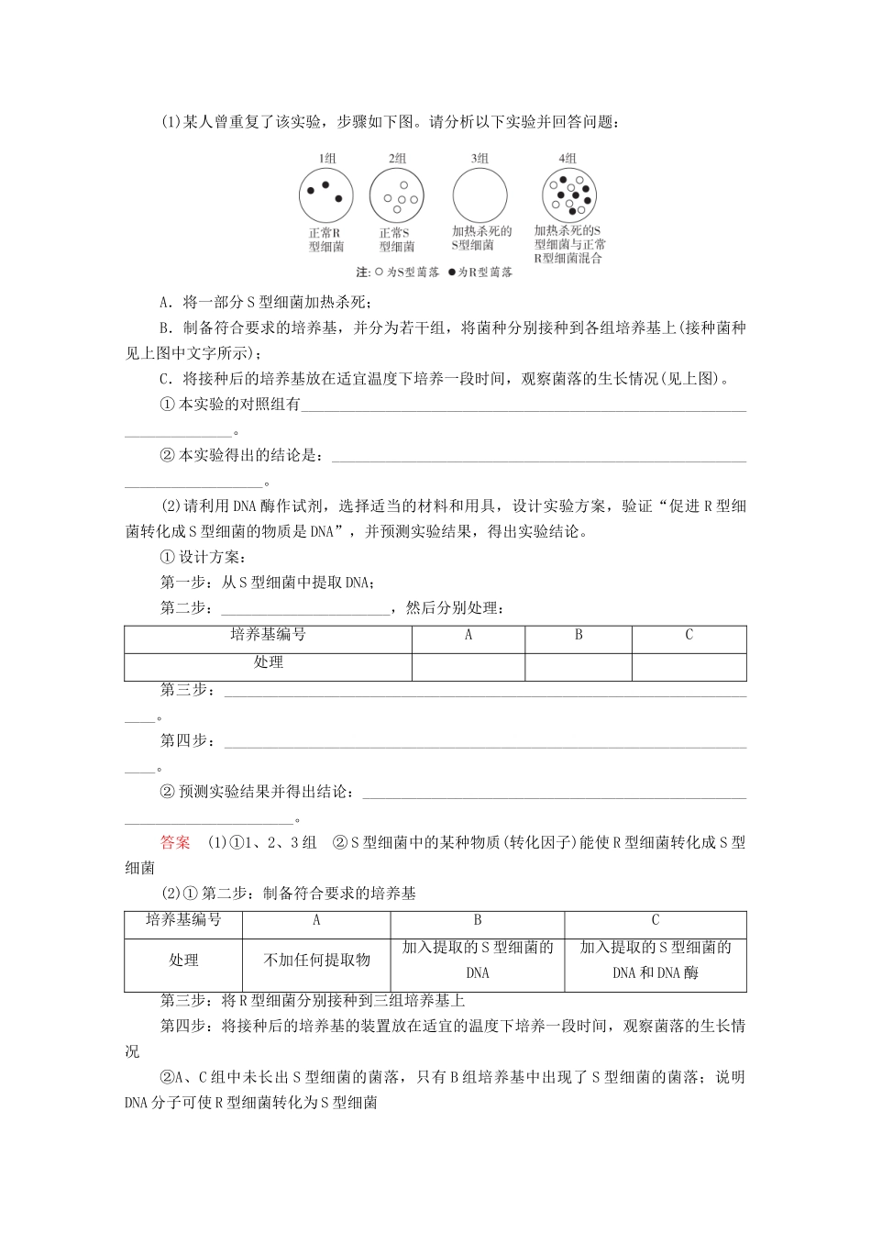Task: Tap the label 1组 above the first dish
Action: [x=326, y=159]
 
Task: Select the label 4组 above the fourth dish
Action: [x=568, y=159]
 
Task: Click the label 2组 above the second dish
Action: [x=397, y=159]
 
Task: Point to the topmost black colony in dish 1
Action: [x=325, y=184]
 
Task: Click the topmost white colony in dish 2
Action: [x=402, y=185]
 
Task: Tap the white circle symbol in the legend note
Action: [x=379, y=272]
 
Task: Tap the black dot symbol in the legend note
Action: [x=451, y=272]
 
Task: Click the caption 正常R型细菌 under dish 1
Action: [x=326, y=240]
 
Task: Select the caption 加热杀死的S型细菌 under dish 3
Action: [x=481, y=239]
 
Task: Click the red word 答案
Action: [x=175, y=842]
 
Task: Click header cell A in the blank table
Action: [x=469, y=635]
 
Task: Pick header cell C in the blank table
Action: [x=689, y=635]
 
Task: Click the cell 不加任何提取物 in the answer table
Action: [x=316, y=961]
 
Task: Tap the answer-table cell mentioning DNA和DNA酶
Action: [x=656, y=961]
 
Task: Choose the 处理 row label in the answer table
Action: [x=183, y=961]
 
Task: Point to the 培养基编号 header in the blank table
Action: [x=268, y=635]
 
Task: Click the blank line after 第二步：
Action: [x=305, y=609]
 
